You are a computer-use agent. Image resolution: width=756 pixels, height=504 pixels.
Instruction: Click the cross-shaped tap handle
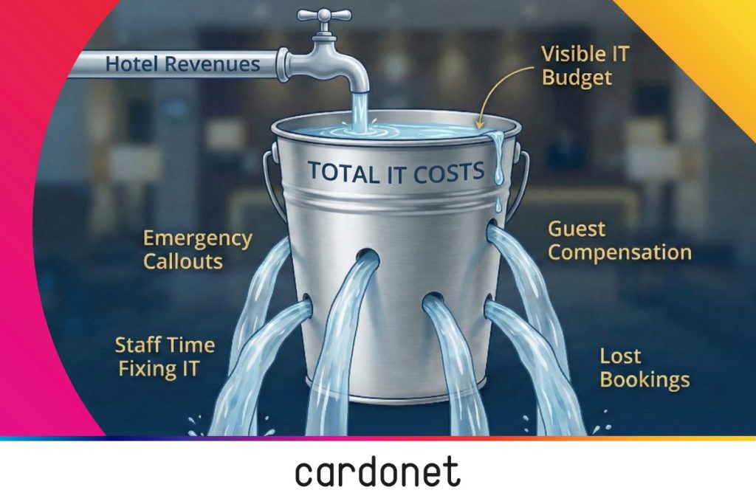pyautogui.click(x=324, y=15)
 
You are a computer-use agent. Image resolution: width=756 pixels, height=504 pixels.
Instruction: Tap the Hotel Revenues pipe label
pyautogui.click(x=183, y=64)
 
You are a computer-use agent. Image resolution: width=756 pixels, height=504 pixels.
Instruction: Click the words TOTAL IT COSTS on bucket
pyautogui.click(x=396, y=173)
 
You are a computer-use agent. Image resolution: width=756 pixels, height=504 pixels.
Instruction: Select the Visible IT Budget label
pyautogui.click(x=585, y=66)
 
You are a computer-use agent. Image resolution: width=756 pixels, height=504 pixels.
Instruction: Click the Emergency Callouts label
pyautogui.click(x=198, y=249)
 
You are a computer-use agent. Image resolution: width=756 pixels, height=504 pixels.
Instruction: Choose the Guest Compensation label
pyautogui.click(x=619, y=241)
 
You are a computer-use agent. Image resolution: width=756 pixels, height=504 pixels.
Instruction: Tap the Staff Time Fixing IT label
pyautogui.click(x=165, y=357)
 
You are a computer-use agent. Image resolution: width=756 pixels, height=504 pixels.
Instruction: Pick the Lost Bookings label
pyautogui.click(x=645, y=368)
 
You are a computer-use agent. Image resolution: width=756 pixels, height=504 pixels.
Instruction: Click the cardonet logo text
pyautogui.click(x=377, y=472)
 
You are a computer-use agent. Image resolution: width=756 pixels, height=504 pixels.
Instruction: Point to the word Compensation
pyautogui.click(x=619, y=252)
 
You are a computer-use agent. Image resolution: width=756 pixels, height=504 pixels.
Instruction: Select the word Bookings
pyautogui.click(x=645, y=380)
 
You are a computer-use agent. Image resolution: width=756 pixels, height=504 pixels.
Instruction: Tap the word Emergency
pyautogui.click(x=198, y=238)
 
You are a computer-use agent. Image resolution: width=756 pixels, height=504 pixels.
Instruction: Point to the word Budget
pyautogui.click(x=577, y=77)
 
